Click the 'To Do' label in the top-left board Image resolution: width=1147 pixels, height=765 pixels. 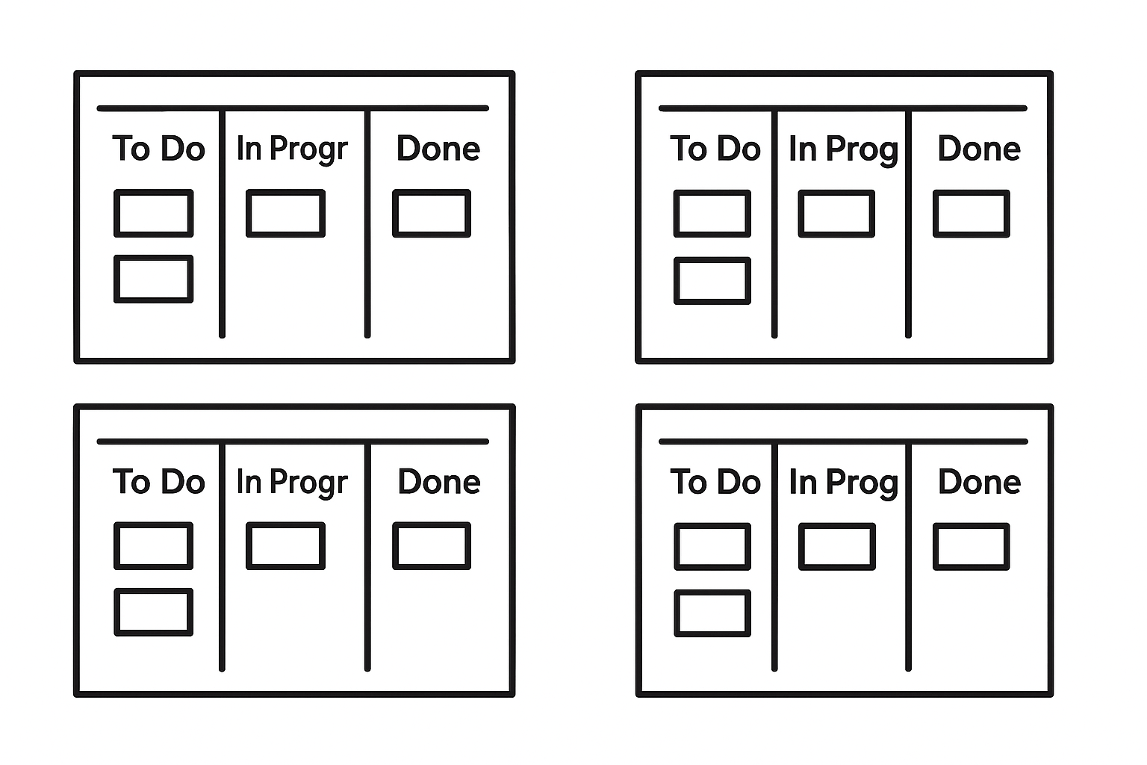159,148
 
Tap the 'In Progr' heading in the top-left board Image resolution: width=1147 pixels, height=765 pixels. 292,149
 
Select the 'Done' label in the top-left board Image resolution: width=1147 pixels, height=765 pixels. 438,148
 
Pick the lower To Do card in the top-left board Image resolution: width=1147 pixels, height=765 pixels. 154,279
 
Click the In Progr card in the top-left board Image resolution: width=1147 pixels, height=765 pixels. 286,213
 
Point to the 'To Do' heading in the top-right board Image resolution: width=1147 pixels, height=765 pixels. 715,149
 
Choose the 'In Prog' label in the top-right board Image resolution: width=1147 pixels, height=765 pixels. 844,150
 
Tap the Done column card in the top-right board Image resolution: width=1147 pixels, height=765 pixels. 972,214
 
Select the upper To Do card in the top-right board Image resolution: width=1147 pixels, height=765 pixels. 712,214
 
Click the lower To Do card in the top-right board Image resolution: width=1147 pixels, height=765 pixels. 712,281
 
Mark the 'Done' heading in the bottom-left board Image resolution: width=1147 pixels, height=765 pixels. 439,482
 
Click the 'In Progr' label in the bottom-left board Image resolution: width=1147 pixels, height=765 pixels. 292,483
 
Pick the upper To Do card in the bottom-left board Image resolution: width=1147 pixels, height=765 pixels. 154,545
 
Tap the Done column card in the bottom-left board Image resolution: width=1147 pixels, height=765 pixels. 432,545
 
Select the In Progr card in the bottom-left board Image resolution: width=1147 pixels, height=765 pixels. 286,545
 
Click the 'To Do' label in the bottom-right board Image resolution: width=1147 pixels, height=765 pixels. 715,482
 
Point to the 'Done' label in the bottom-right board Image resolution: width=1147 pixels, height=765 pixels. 980,482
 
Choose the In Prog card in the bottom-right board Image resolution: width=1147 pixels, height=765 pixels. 837,547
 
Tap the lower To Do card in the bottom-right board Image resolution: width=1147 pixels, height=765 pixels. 712,613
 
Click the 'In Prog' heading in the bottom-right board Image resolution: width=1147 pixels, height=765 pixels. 844,483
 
